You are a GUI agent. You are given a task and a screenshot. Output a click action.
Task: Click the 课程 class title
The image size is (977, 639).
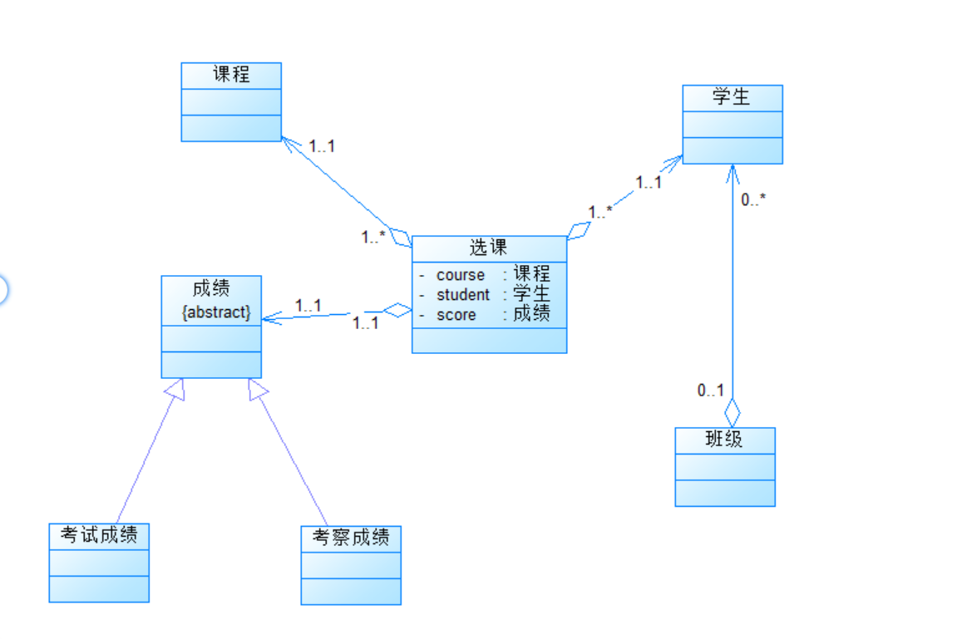(x=231, y=74)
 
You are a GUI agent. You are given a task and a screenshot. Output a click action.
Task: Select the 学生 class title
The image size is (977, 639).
(x=732, y=96)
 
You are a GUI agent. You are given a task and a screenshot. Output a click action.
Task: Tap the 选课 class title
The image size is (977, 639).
(x=488, y=248)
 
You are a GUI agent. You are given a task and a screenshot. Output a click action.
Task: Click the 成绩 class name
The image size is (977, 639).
(x=210, y=288)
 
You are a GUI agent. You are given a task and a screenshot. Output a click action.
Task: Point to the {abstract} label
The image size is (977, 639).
(x=215, y=312)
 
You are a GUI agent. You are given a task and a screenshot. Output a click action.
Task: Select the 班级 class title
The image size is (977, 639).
(x=724, y=440)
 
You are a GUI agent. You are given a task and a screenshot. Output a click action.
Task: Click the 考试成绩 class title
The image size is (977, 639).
(x=99, y=536)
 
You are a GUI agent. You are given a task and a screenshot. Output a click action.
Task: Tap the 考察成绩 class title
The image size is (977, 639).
(x=351, y=538)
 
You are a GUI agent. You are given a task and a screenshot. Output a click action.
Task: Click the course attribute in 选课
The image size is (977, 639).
(x=461, y=275)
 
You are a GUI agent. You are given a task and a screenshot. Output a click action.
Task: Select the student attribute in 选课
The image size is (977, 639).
(x=463, y=295)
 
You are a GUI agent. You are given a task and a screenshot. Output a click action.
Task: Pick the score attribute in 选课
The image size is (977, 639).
(x=456, y=315)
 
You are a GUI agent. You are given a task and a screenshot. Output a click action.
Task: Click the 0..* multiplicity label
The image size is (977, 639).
(x=753, y=199)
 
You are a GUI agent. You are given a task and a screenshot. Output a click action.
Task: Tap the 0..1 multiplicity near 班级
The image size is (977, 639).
(x=710, y=391)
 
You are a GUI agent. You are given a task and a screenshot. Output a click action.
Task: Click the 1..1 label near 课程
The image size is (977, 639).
(x=321, y=146)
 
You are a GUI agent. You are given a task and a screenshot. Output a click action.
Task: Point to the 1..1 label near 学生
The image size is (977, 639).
(x=649, y=183)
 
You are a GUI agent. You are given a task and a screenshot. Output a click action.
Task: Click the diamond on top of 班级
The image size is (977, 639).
(x=733, y=412)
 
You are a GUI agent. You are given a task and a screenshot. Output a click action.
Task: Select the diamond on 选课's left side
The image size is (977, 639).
(x=397, y=311)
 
